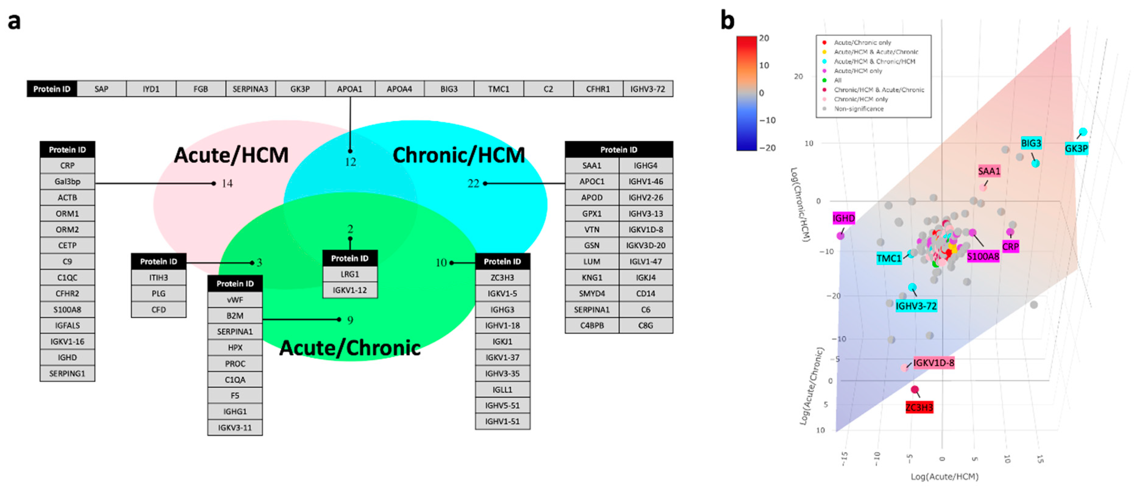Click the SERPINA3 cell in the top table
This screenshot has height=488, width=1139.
pyautogui.click(x=250, y=89)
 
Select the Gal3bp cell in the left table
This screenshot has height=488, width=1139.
pyautogui.click(x=67, y=181)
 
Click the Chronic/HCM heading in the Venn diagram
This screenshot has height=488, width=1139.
pyautogui.click(x=459, y=155)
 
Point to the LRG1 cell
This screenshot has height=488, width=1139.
pyautogui.click(x=350, y=274)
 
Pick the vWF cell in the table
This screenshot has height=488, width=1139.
pyautogui.click(x=235, y=300)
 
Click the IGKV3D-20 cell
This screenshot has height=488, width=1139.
pyautogui.click(x=645, y=245)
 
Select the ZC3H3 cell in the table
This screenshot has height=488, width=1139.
pyautogui.click(x=502, y=278)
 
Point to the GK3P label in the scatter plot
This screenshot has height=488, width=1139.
pyautogui.click(x=1076, y=149)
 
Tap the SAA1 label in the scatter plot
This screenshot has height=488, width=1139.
pyautogui.click(x=989, y=171)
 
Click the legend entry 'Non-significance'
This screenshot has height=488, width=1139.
pyautogui.click(x=858, y=109)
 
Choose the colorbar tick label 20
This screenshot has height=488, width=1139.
pyautogui.click(x=764, y=38)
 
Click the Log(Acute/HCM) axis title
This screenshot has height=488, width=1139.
pyautogui.click(x=944, y=476)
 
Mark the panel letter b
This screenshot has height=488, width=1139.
pyautogui.click(x=727, y=20)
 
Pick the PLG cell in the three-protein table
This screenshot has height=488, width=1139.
pyautogui.click(x=158, y=293)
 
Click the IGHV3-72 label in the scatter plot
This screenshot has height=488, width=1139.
pyautogui.click(x=916, y=306)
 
